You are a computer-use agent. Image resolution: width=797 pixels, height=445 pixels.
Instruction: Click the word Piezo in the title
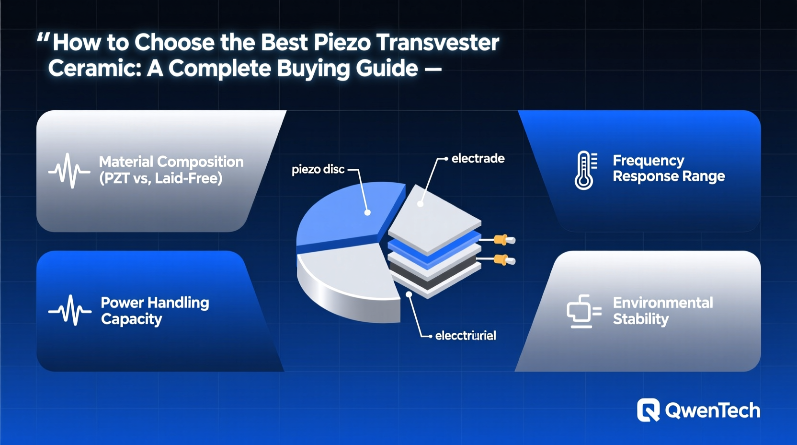342,42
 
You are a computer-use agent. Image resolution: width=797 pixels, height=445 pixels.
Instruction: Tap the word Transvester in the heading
438,42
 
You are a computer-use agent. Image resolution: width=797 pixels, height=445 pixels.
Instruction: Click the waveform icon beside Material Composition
69,170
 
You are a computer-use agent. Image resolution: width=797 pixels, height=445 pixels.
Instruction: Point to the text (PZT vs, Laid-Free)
161,178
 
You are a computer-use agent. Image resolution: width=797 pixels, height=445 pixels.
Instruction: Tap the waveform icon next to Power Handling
70,310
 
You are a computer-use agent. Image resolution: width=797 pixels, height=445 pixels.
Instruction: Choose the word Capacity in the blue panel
132,319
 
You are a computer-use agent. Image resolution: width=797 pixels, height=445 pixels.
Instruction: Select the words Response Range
669,176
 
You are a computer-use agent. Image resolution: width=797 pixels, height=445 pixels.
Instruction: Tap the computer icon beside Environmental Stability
583,311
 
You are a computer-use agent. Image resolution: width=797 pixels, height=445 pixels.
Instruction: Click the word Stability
641,319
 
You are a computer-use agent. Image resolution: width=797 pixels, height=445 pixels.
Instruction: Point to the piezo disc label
318,169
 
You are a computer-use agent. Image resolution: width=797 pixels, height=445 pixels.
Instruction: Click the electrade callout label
478,159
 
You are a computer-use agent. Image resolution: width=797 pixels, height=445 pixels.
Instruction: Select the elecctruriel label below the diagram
465,336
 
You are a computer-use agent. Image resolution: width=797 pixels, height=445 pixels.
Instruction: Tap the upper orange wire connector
501,239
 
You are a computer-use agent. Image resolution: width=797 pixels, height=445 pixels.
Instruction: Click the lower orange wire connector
501,260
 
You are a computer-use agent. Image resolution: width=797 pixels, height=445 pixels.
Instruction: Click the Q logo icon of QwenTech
648,410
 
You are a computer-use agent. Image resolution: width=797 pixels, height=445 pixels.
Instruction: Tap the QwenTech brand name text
712,411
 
